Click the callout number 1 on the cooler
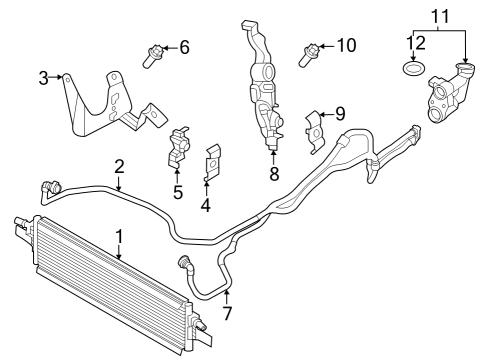point(119,236)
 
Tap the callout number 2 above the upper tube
point(119,166)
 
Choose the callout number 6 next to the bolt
point(184,47)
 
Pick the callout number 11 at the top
point(440,17)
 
